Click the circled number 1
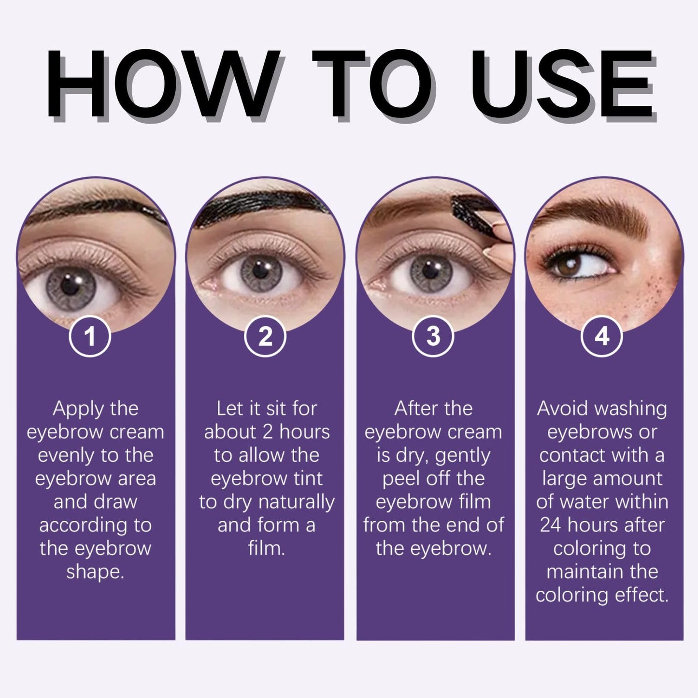(x=90, y=336)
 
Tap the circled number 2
(x=265, y=336)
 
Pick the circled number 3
(x=433, y=336)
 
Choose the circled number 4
(x=601, y=336)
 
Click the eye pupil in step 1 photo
(x=71, y=286)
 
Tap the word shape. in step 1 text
(x=95, y=572)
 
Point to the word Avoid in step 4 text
(x=560, y=409)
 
